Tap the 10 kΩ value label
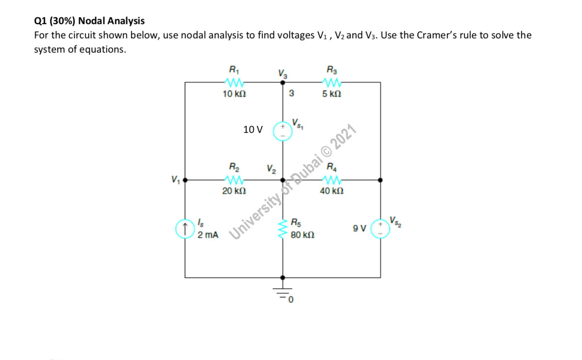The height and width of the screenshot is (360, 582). coord(234,94)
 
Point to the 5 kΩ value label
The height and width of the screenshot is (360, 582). coord(332,94)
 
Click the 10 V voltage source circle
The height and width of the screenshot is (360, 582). coord(282,131)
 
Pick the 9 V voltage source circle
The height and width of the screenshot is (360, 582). coord(380,229)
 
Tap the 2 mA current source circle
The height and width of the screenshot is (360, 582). coord(185,229)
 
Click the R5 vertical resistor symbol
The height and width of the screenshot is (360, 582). coord(283,229)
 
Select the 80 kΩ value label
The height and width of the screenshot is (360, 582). coord(302,235)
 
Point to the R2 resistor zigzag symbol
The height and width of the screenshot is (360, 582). coord(234,180)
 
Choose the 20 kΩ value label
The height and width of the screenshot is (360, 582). coord(234,191)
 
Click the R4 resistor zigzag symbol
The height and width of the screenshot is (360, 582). coord(332,180)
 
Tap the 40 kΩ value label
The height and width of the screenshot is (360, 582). coord(332,191)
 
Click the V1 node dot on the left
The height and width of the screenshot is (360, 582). coord(185,180)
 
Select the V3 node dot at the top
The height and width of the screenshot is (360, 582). coord(283,83)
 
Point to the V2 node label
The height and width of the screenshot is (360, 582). coord(271,169)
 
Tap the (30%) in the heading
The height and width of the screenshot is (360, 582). coord(62,21)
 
